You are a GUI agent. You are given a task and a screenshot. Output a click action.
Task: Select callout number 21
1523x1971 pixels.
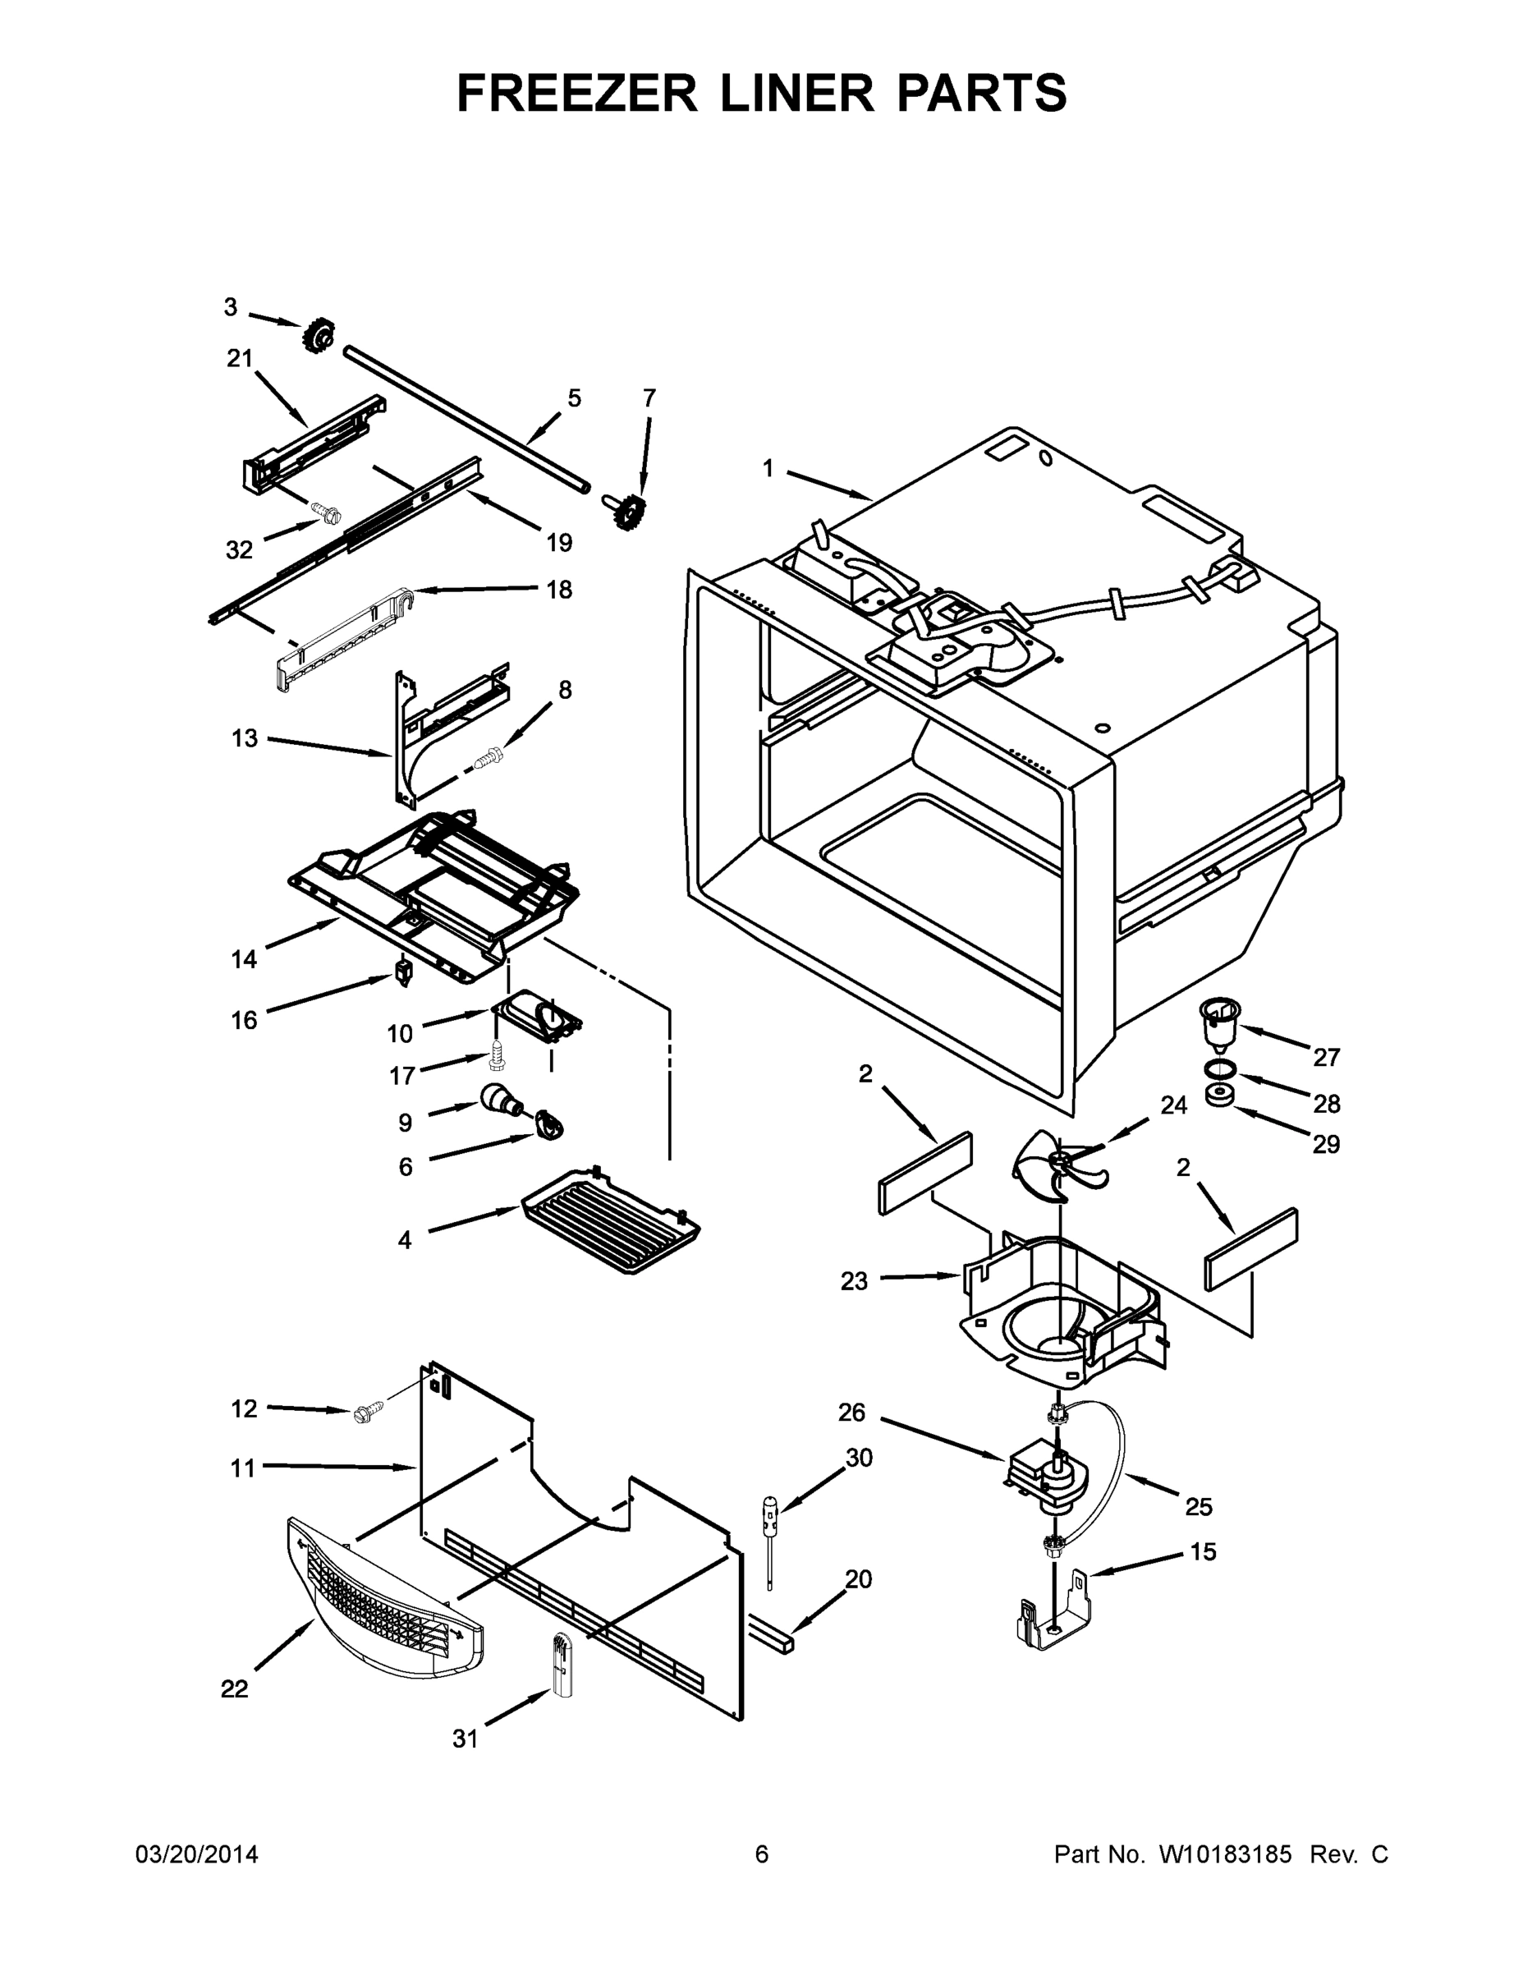pyautogui.click(x=239, y=359)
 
